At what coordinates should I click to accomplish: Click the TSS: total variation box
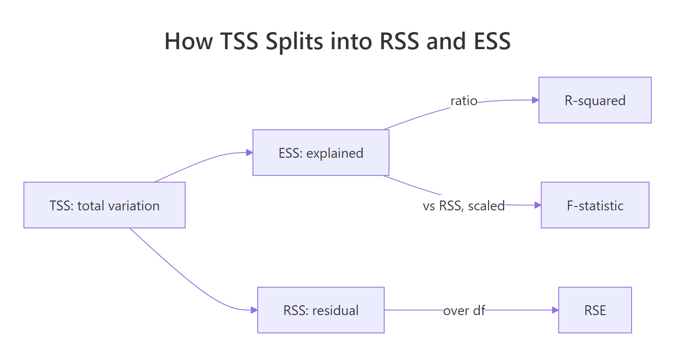click(104, 205)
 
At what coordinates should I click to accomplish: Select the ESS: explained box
click(320, 153)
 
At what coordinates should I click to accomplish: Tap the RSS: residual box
click(320, 310)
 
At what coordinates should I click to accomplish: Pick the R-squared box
click(595, 100)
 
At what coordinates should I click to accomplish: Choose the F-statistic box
click(595, 205)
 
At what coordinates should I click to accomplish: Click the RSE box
click(595, 310)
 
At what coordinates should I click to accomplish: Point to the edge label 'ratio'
click(464, 101)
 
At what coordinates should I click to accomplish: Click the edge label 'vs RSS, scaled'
click(464, 206)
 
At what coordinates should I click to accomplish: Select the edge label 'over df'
click(464, 310)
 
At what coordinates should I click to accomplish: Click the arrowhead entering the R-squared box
click(535, 100)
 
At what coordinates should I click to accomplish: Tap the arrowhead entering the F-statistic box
click(538, 205)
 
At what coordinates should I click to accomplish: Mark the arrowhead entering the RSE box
click(555, 310)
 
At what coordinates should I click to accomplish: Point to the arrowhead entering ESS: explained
click(250, 153)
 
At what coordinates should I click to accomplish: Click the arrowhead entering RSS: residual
click(254, 310)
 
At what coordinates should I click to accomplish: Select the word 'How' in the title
click(188, 41)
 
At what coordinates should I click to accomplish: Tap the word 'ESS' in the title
click(492, 41)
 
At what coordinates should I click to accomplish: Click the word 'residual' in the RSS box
click(335, 310)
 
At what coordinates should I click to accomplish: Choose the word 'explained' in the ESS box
click(335, 153)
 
